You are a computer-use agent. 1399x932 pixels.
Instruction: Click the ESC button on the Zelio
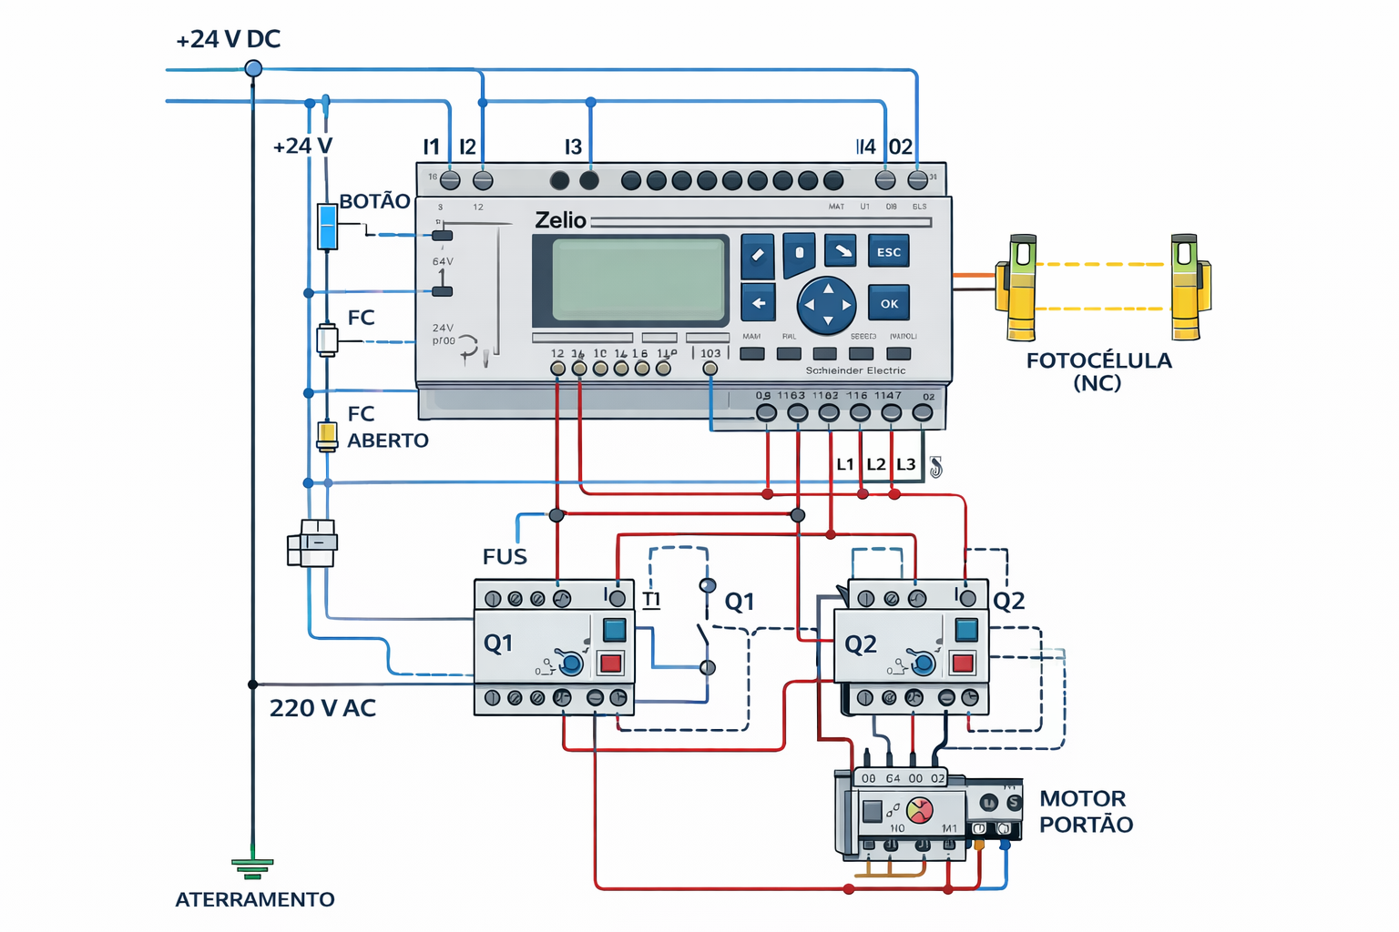click(x=888, y=252)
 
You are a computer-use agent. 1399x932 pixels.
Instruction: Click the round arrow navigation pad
click(x=827, y=306)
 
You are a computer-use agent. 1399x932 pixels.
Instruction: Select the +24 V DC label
click(x=228, y=39)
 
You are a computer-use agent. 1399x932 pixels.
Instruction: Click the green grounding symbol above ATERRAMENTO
click(x=252, y=867)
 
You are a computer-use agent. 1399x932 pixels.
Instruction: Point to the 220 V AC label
click(x=322, y=708)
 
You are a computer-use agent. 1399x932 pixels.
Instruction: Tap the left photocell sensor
click(x=1021, y=287)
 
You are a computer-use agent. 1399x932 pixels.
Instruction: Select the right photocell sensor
click(x=1187, y=287)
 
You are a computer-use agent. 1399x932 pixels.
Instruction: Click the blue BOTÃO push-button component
click(x=327, y=227)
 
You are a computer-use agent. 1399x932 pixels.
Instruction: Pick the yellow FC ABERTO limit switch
click(x=327, y=436)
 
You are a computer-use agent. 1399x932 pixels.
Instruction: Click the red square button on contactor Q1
click(x=610, y=663)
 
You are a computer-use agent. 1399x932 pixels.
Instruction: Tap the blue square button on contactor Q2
click(x=965, y=629)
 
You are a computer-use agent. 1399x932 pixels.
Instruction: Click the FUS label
click(x=505, y=556)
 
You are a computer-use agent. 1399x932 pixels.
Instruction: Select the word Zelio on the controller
click(x=560, y=220)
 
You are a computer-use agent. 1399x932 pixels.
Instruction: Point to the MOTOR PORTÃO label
click(x=1086, y=811)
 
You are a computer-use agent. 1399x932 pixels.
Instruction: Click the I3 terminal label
click(x=573, y=147)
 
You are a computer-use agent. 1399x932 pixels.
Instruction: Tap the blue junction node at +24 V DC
click(x=254, y=68)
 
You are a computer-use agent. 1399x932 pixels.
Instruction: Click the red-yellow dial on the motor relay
click(x=920, y=809)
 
